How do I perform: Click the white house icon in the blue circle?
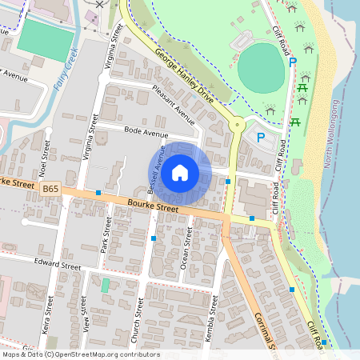180,172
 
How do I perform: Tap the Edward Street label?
58,263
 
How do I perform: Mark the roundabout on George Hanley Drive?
236,124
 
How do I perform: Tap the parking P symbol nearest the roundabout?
260,138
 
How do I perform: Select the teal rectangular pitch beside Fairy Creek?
43,37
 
